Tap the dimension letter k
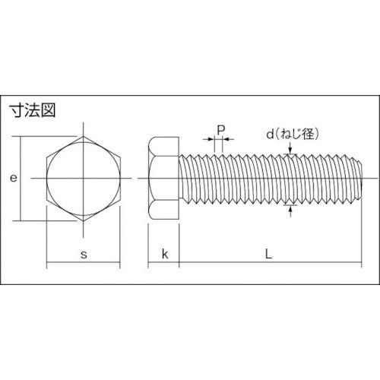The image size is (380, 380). tap(164, 255)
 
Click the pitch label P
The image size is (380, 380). tap(220, 130)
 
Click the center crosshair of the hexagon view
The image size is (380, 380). tap(83, 179)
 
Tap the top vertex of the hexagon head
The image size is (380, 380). tap(83, 138)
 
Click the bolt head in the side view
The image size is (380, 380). tap(164, 179)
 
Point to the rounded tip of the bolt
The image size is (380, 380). tap(354, 179)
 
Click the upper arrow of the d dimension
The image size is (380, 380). tap(291, 152)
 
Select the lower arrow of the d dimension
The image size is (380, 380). tap(291, 208)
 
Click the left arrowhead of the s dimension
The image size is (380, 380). tap(50, 265)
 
